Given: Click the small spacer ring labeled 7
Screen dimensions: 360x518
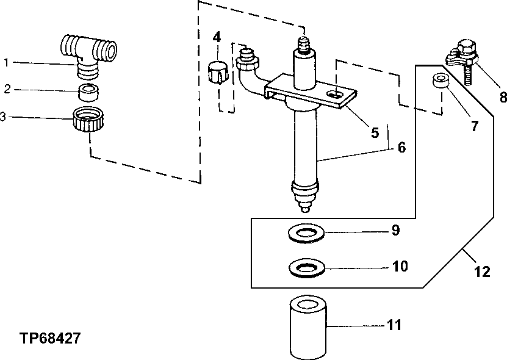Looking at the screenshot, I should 442,82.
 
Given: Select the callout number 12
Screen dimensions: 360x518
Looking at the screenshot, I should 482,272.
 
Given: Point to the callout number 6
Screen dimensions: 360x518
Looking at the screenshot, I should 400,148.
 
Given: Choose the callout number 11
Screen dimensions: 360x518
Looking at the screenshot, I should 394,325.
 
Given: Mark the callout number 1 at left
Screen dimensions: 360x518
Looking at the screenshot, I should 6,62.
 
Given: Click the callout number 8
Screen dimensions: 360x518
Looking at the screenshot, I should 503,98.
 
